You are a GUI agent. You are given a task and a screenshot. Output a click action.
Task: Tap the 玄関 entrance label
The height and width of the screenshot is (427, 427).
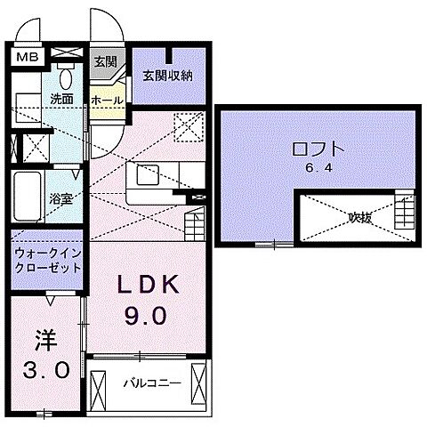point(105,60)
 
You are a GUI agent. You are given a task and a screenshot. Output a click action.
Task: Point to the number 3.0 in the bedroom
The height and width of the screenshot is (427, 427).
point(44,369)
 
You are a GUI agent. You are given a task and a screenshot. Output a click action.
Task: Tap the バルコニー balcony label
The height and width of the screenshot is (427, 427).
point(150,384)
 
